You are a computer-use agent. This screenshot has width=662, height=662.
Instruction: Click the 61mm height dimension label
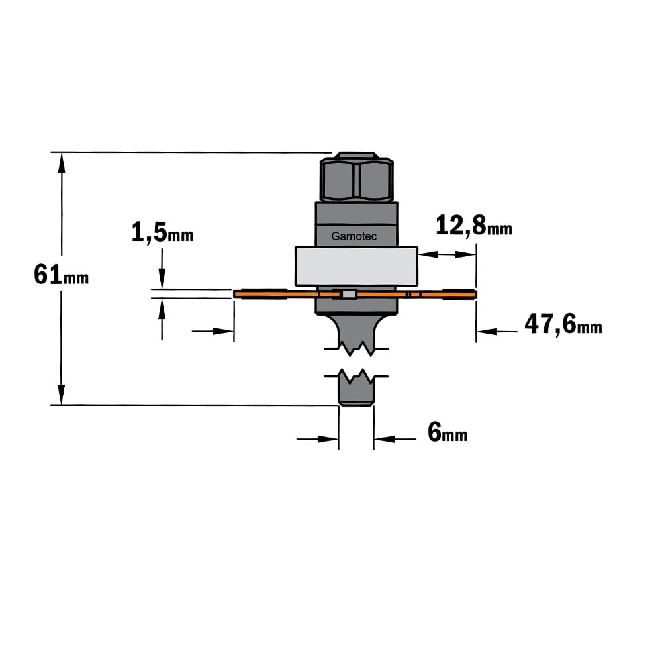tap(61, 275)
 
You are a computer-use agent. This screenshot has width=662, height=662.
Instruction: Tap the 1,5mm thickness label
tap(163, 232)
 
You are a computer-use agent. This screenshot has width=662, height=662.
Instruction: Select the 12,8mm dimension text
tap(474, 225)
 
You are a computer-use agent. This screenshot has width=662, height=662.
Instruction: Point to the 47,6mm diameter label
tap(563, 324)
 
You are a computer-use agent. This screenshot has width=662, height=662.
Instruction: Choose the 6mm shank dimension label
tap(448, 432)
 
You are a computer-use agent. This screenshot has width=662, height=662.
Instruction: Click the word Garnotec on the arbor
tap(354, 236)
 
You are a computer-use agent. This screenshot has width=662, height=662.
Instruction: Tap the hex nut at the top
tap(357, 177)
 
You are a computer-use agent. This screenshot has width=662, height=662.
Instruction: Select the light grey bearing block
tap(356, 266)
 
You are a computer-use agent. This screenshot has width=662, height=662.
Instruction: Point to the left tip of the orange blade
tap(234, 294)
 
